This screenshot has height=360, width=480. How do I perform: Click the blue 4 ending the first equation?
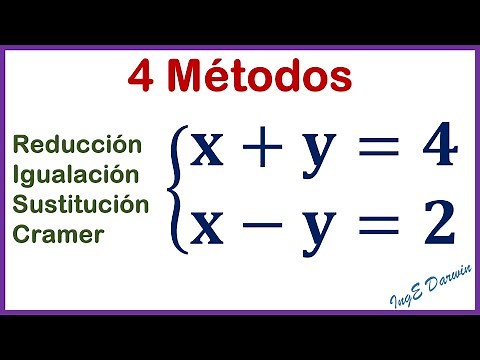[436, 148]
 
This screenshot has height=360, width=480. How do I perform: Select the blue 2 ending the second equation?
[436, 222]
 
